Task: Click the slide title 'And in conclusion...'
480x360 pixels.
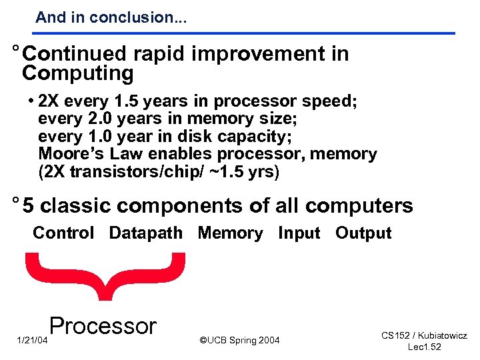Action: tap(111, 17)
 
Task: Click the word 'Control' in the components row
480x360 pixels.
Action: tap(63, 233)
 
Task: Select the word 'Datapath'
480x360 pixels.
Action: tap(145, 233)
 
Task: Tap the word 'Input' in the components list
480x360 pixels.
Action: tap(299, 233)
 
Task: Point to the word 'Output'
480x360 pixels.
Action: tap(363, 233)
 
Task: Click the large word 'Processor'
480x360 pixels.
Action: tap(103, 326)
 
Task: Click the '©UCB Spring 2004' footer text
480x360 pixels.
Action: tap(240, 341)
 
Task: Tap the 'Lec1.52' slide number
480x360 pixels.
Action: tap(424, 347)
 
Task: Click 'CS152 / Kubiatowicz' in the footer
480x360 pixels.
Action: tap(424, 336)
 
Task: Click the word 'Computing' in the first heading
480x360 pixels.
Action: tap(77, 73)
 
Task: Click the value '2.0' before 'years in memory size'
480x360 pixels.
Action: tap(95, 119)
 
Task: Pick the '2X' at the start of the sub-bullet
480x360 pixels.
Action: tap(48, 102)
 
